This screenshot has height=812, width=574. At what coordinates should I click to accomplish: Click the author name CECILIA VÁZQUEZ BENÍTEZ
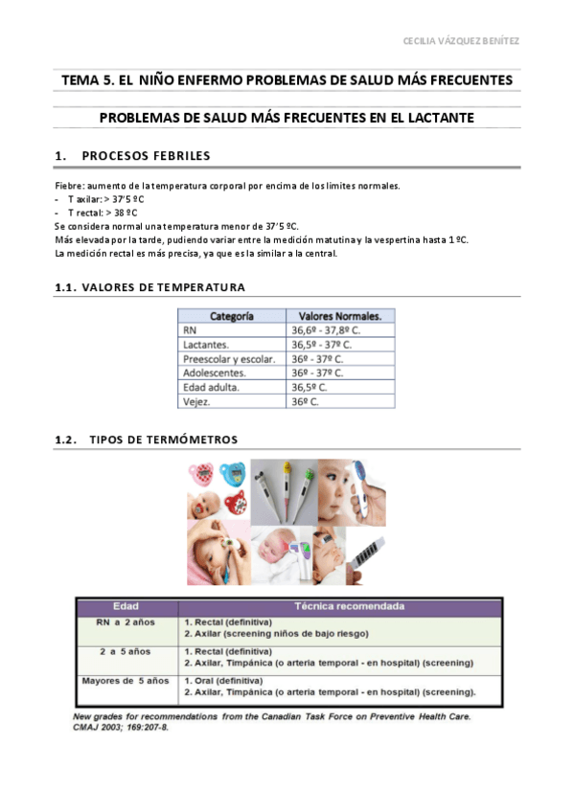461,41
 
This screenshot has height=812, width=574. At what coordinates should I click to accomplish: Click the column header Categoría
231,315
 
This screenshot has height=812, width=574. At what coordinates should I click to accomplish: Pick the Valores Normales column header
339,315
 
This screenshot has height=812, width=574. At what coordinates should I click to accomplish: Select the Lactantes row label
205,344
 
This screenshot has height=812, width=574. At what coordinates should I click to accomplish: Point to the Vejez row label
197,402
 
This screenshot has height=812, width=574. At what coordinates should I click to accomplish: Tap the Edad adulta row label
211,388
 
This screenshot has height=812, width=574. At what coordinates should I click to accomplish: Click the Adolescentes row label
214,372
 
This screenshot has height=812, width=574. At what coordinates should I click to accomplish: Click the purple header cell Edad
126,606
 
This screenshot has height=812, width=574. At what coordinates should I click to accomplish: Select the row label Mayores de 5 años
126,681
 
